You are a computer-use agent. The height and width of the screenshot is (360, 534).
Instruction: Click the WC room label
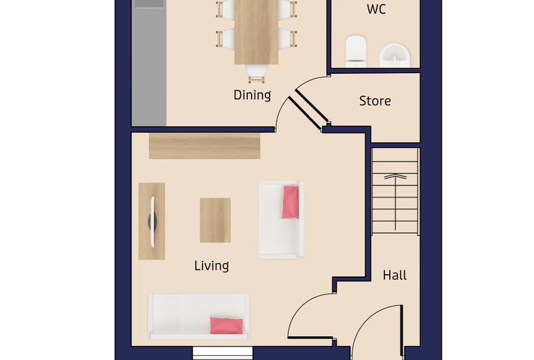(x=377, y=9)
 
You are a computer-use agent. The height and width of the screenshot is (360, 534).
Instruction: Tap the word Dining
(x=252, y=95)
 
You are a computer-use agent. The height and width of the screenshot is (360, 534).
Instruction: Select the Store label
(x=375, y=101)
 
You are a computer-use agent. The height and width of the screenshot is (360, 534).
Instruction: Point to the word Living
(x=211, y=266)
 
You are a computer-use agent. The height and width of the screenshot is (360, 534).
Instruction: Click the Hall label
(x=394, y=275)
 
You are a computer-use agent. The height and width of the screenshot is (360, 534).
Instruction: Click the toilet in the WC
(x=356, y=51)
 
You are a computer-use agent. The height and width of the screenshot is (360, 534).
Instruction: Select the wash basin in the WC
(x=395, y=55)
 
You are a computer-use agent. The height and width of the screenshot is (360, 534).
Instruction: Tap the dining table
(x=256, y=32)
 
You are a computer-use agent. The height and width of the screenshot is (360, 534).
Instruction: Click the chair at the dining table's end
(x=256, y=73)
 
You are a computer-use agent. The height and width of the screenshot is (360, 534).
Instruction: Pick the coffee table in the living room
(x=215, y=220)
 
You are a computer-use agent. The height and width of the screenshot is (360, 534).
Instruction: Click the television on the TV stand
(x=152, y=221)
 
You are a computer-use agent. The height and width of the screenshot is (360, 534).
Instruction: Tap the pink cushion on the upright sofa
(x=290, y=202)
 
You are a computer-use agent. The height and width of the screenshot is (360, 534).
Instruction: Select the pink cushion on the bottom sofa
(x=226, y=326)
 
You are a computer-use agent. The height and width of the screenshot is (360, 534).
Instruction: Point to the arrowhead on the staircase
(x=395, y=176)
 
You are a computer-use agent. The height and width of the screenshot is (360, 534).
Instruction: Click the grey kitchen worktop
(x=149, y=63)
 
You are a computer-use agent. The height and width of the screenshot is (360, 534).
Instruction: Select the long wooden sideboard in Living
(x=204, y=146)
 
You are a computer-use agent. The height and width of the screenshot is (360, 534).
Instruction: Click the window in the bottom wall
(x=223, y=353)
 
